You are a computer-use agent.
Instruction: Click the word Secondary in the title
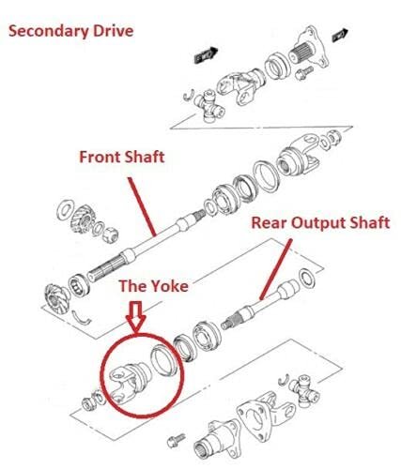[48, 32]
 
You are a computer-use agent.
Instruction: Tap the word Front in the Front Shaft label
[99, 157]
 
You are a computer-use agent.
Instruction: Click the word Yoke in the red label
[169, 286]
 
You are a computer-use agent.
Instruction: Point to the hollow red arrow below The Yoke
[136, 316]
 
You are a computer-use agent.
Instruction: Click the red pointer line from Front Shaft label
[142, 206]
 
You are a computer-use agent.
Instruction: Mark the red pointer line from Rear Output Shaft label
[276, 269]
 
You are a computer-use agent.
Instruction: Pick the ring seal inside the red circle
[163, 359]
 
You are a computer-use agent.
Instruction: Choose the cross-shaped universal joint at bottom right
[305, 392]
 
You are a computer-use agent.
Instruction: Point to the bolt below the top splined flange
[304, 73]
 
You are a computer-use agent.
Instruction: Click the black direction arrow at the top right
[340, 34]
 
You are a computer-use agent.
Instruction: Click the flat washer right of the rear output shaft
[307, 278]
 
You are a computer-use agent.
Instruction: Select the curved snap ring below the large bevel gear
[81, 319]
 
